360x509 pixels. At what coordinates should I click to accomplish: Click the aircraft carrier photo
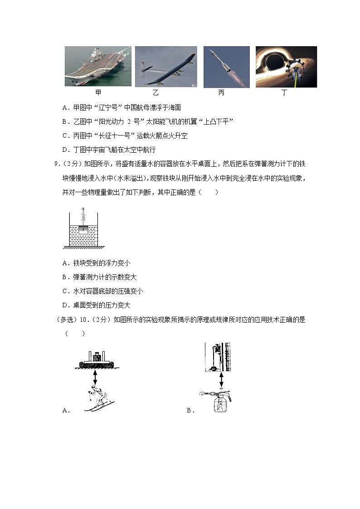97,66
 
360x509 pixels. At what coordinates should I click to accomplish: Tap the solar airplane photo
165,66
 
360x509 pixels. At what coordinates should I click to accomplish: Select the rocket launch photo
226,67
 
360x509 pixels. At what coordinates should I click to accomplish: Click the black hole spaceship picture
286,67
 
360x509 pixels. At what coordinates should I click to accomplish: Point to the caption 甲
98,93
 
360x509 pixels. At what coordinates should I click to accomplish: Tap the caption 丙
221,93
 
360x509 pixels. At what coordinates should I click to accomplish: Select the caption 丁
284,93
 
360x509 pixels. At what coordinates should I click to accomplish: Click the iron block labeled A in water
83,230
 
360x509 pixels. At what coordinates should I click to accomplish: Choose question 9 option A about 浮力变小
97,263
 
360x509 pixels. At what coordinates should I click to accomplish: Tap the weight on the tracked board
96,357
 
